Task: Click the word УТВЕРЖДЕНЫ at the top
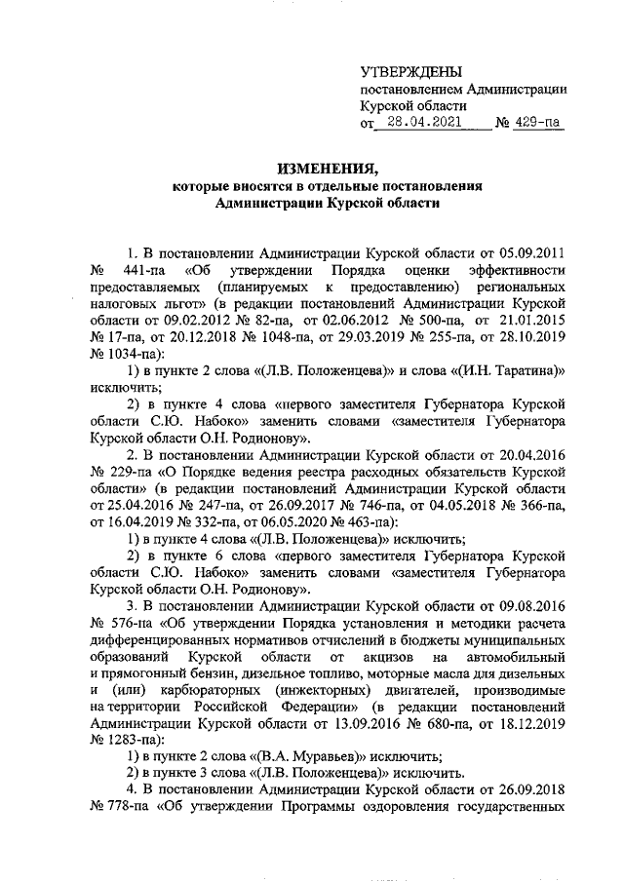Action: click(410, 71)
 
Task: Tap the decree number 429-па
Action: click(541, 124)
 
